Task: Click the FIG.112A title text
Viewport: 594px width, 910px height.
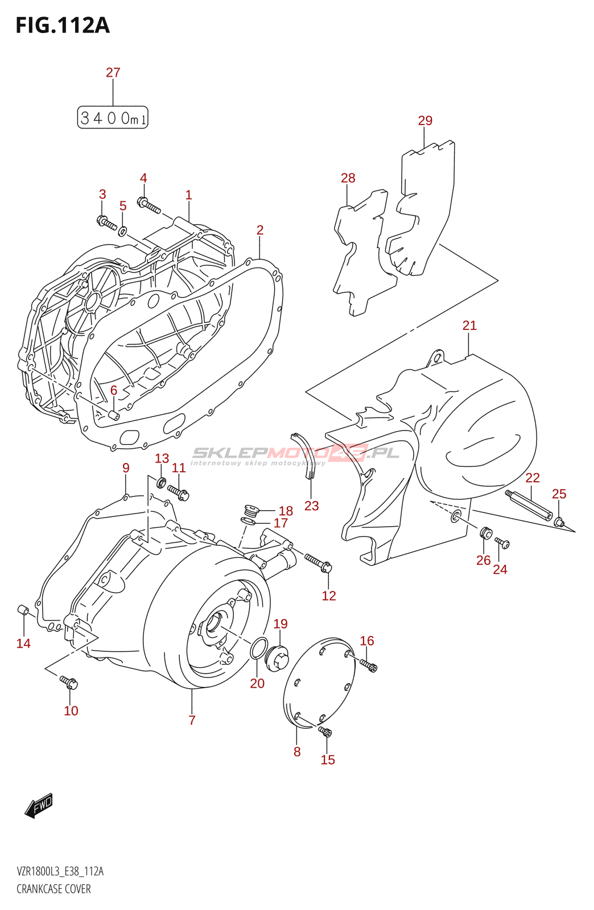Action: coord(63,26)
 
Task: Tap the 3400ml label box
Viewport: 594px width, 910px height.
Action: coord(113,118)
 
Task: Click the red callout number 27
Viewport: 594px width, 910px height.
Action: coord(113,72)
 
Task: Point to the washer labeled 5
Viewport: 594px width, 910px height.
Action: coord(122,231)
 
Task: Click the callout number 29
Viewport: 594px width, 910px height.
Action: coord(425,121)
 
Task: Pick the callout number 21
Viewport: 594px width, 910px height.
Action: coord(469,325)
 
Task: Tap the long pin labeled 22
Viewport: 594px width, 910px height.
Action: coord(529,504)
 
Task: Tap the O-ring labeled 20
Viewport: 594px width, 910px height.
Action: coord(258,648)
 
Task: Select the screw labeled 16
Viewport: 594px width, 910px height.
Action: coord(368,664)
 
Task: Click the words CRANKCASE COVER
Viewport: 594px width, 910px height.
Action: coord(53,889)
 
